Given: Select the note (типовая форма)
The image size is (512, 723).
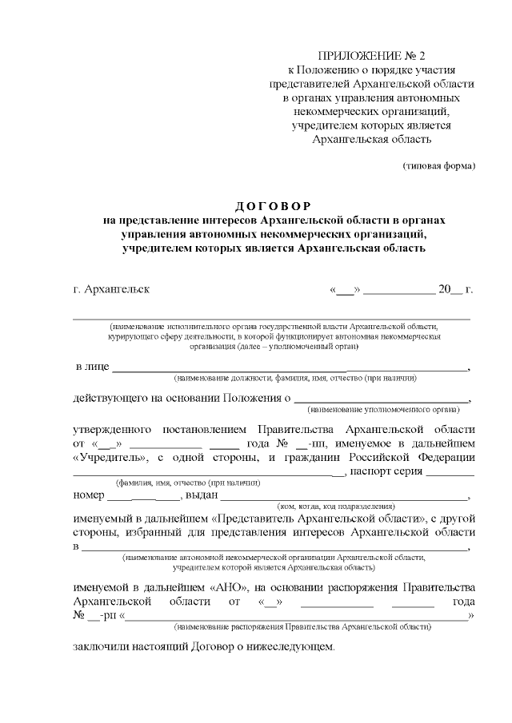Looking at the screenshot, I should point(438,166).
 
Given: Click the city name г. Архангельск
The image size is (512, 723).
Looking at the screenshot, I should point(110,288).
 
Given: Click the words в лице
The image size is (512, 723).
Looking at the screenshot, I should point(91,367).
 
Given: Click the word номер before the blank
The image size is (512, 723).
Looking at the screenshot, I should point(88,495).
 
